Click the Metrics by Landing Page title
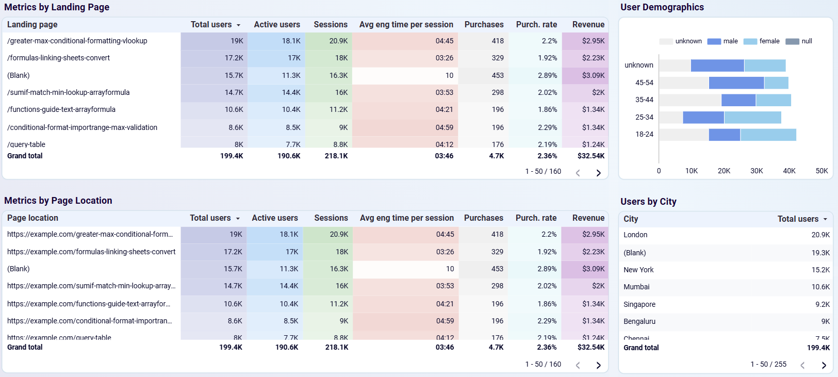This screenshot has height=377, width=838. point(57,7)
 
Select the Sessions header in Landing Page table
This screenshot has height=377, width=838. point(330,25)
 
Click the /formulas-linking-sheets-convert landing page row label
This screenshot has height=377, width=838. point(58,58)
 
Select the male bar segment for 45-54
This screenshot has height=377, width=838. point(736,83)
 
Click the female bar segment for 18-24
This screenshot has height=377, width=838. point(768,135)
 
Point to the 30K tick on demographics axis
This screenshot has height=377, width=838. point(757,171)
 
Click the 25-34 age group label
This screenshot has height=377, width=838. point(644,117)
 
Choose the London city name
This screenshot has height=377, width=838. point(635,235)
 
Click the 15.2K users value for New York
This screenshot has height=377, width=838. point(820,270)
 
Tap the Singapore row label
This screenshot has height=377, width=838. point(639,304)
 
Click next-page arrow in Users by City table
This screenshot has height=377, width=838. point(824,365)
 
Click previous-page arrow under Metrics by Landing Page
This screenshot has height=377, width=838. point(578,173)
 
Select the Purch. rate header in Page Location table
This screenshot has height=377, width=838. point(536,218)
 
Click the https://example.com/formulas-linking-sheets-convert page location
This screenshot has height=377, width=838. point(91,252)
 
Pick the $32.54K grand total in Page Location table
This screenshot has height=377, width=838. point(591,347)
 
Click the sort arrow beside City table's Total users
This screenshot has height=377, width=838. point(825,220)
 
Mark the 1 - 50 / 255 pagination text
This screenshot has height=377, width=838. point(768,364)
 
